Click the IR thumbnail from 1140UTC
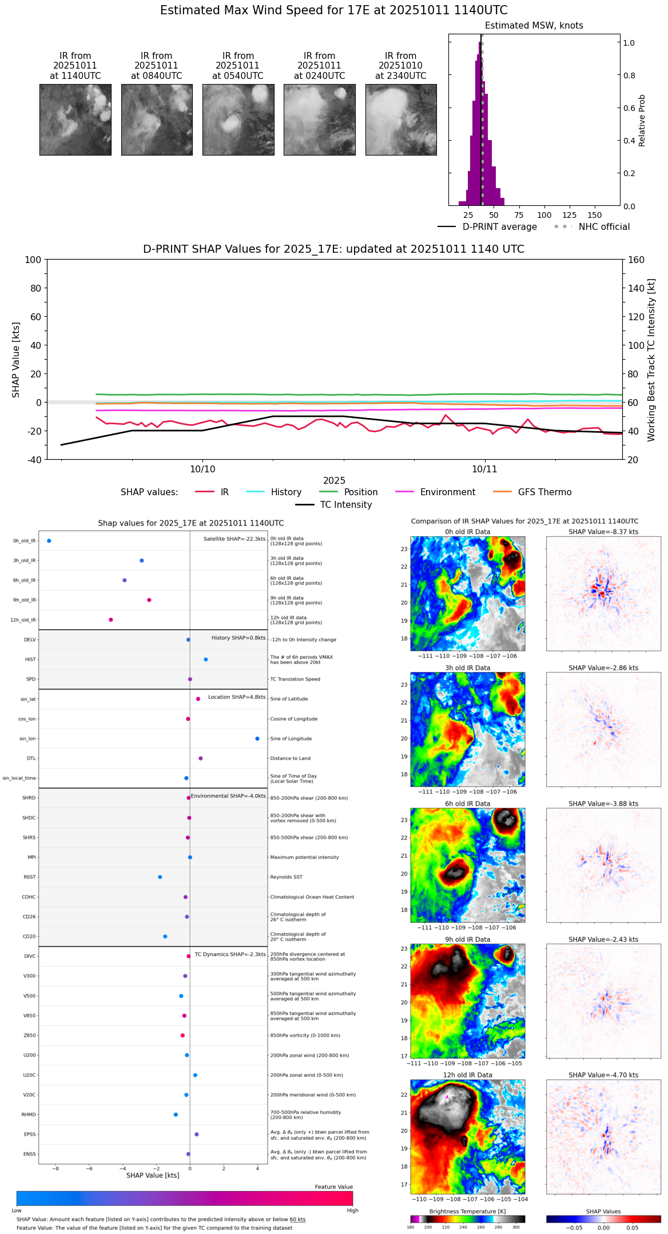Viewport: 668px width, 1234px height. [75, 120]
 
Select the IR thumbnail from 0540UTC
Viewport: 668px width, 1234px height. [238, 120]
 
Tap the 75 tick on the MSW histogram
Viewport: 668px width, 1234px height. [519, 215]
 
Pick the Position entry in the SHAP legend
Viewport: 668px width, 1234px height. [360, 492]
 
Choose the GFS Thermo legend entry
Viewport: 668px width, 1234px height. [544, 492]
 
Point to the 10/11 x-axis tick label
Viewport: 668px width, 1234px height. [484, 469]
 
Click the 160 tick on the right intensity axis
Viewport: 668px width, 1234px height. [636, 260]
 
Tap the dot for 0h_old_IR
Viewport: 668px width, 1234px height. [49, 540]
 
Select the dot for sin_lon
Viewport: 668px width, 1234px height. [257, 739]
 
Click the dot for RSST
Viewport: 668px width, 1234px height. [160, 877]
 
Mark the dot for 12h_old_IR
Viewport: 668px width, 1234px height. [111, 620]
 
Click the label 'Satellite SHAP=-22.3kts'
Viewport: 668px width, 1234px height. [234, 539]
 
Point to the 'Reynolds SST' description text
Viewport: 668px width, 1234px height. [286, 877]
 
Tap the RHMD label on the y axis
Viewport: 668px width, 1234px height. [29, 1114]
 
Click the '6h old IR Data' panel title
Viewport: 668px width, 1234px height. [467, 803]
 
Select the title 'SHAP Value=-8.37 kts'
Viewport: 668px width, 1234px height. [603, 532]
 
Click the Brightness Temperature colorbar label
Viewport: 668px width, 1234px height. [467, 1211]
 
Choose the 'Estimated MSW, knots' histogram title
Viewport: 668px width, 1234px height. [534, 26]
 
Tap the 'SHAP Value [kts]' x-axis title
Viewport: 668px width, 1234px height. [153, 1175]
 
